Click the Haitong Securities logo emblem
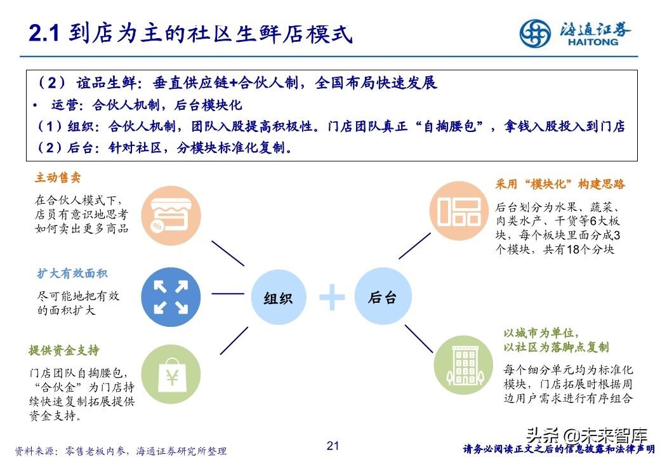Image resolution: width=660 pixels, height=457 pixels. click(x=536, y=32)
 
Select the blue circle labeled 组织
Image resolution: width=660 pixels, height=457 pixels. click(x=277, y=297)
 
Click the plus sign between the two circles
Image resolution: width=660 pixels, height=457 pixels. click(x=331, y=297)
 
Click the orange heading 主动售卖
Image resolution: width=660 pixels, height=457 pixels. click(x=58, y=178)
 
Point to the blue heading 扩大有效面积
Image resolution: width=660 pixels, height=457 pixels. click(x=72, y=274)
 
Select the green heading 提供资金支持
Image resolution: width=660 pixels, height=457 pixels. click(x=64, y=350)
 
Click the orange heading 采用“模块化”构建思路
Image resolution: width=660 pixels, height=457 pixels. click(x=560, y=184)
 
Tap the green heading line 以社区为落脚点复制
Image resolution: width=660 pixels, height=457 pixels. click(x=555, y=347)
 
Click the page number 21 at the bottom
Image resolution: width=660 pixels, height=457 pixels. click(x=333, y=446)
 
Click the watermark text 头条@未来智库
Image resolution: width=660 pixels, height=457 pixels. click(x=586, y=436)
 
